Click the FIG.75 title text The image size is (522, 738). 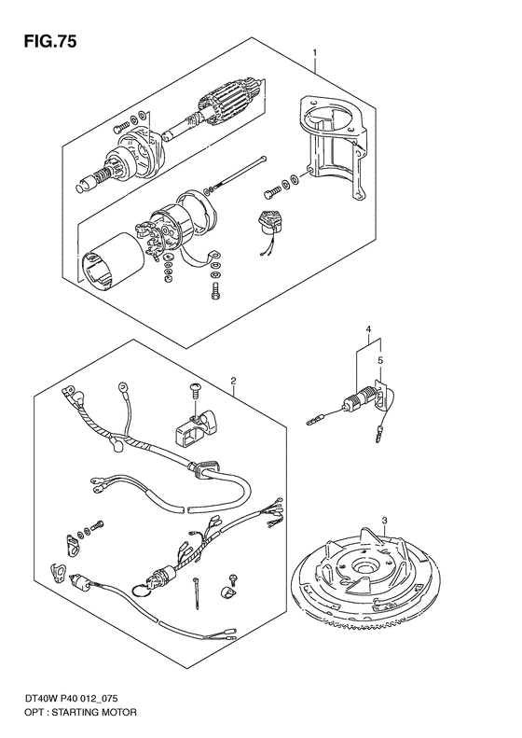[x=49, y=42]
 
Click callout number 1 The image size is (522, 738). [x=315, y=51]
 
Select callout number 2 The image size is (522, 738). [x=234, y=380]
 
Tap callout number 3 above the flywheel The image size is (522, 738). [x=385, y=520]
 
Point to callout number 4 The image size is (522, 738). [x=369, y=328]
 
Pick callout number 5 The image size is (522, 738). [x=380, y=361]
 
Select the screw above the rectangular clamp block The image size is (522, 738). [x=194, y=390]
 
